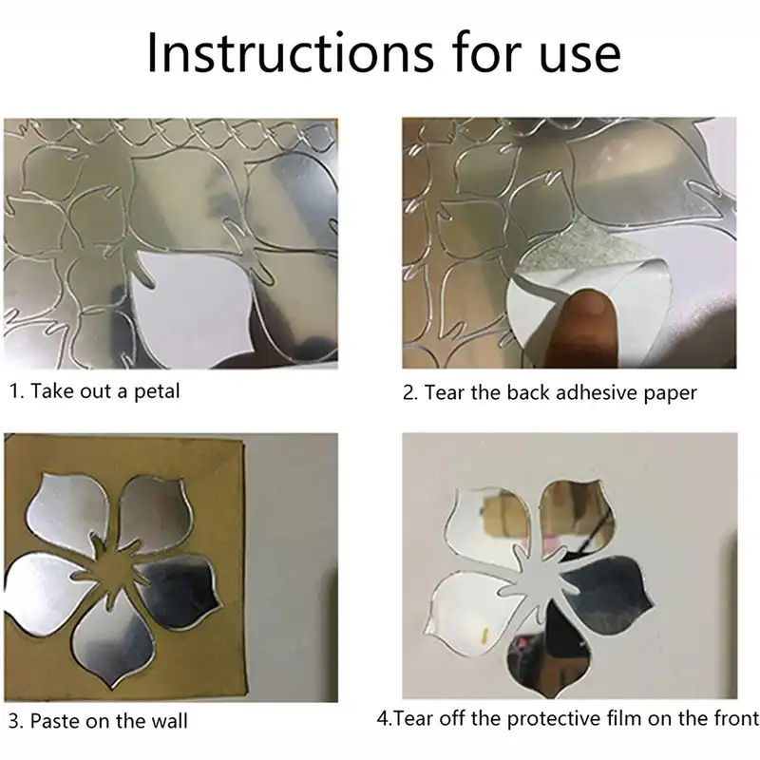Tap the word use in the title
pyautogui.click(x=579, y=57)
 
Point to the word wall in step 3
pyautogui.click(x=169, y=721)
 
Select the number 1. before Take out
pyautogui.click(x=17, y=391)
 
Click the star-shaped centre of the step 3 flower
pyautogui.click(x=114, y=572)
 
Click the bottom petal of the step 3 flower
pyautogui.click(x=115, y=645)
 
